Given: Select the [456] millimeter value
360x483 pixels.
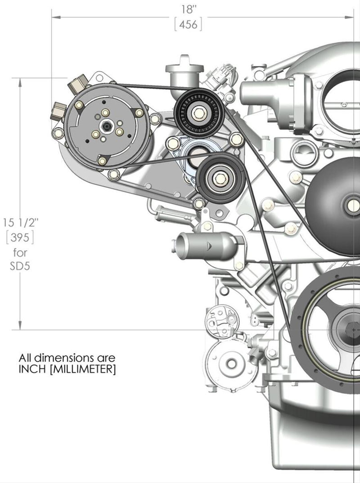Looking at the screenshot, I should [188, 25].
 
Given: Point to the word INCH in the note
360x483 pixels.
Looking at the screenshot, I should [35, 370].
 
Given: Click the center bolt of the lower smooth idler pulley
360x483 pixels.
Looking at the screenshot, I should [221, 178].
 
